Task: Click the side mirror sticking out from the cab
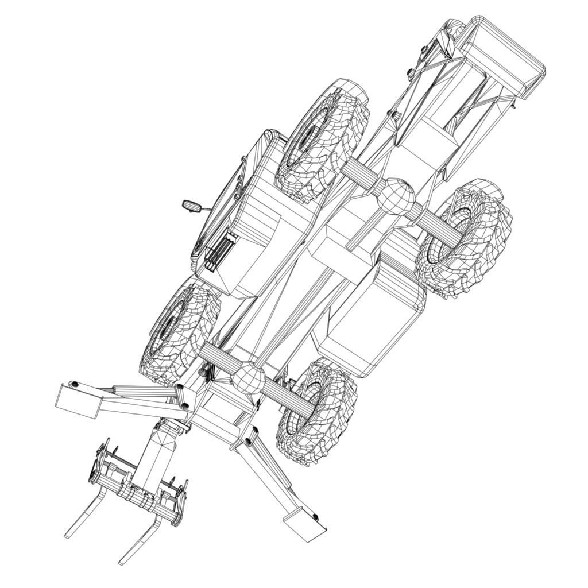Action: [x=191, y=205]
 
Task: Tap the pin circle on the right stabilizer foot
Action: [x=315, y=517]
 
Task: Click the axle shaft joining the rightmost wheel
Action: [x=436, y=221]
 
